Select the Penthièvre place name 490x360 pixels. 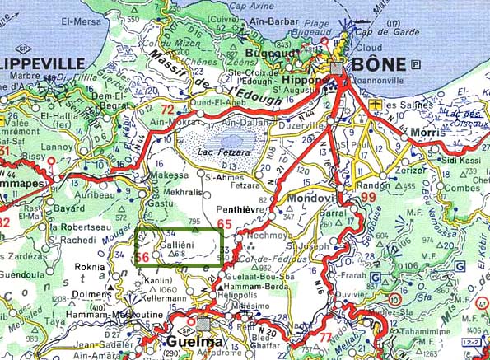tap(239, 211)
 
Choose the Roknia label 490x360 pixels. tap(89, 267)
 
